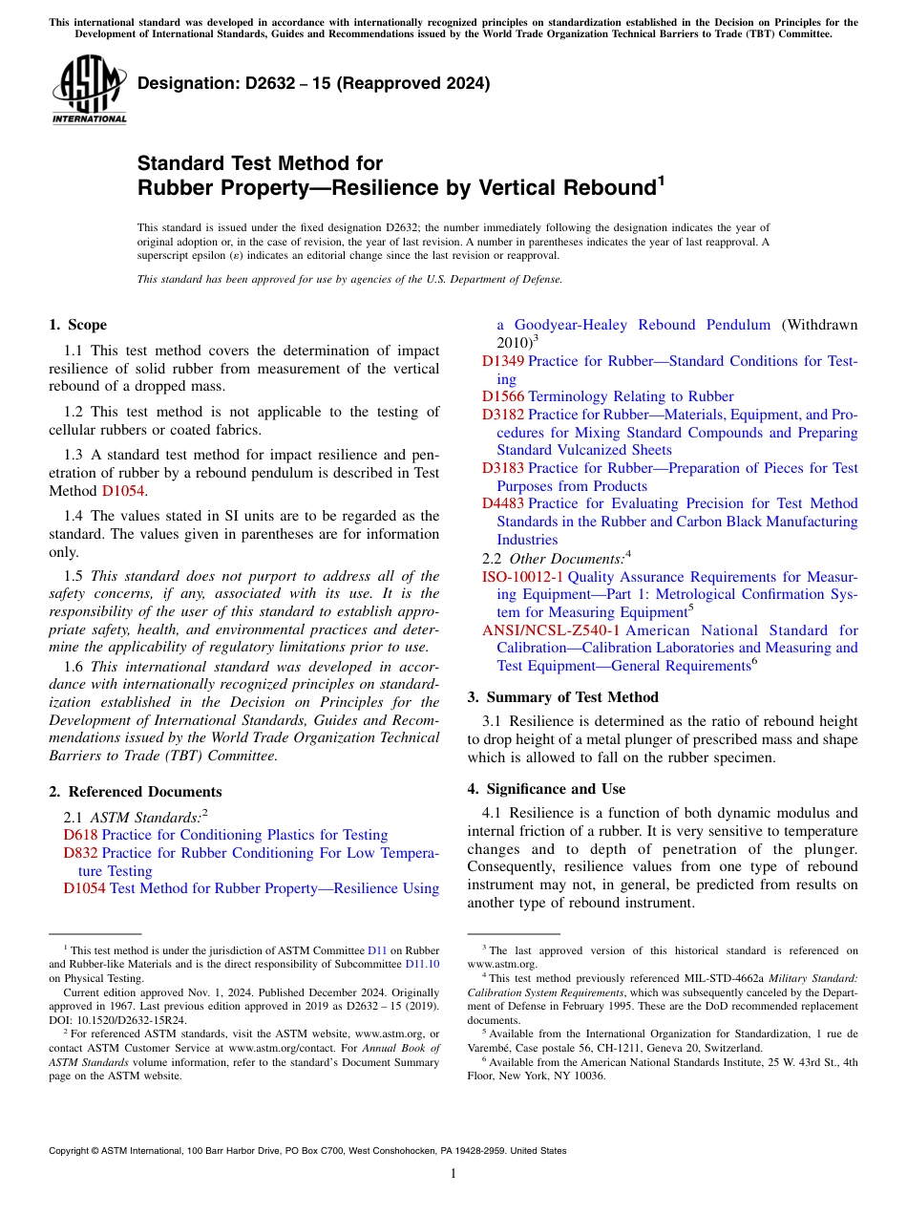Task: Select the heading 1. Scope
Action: click(77, 325)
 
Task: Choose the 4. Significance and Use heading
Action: click(546, 789)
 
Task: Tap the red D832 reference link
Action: click(80, 853)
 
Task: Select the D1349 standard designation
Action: click(502, 361)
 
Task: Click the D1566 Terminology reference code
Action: click(502, 396)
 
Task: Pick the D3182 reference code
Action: click(502, 415)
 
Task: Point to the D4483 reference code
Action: click(502, 503)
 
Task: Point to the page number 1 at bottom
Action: click(453, 1174)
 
